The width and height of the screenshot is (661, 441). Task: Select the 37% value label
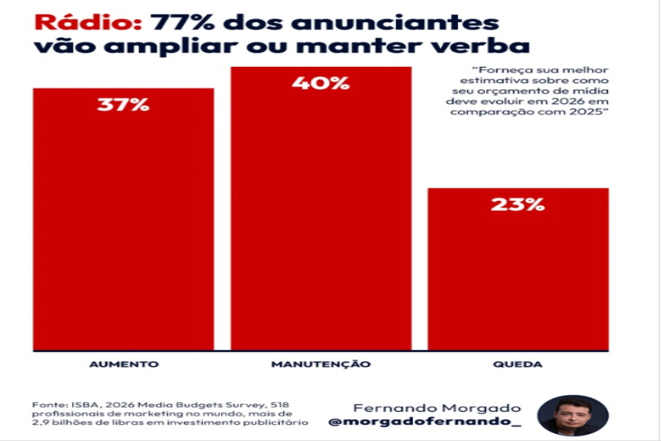[123, 104]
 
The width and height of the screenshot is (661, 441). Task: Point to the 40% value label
[321, 82]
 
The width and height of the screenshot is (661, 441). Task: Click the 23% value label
[517, 204]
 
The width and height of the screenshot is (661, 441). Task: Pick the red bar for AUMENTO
[123, 229]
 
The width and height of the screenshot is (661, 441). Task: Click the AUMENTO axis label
[124, 365]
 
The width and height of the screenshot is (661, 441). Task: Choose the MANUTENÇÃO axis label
[321, 365]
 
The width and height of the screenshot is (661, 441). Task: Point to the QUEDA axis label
[519, 365]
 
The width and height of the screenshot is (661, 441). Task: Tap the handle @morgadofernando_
[425, 422]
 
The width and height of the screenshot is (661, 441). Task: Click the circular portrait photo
[573, 415]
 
